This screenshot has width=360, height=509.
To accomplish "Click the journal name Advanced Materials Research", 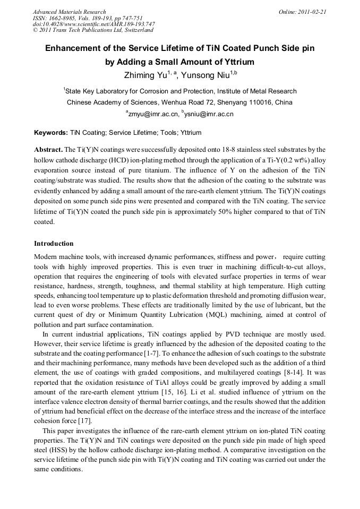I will pyautogui.click(x=69, y=12).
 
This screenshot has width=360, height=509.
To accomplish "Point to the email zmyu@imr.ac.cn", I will pyautogui.click(x=152, y=114).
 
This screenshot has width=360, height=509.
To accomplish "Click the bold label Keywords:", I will pyautogui.click(x=51, y=133).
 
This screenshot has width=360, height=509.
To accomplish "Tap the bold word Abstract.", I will pyautogui.click(x=48, y=150).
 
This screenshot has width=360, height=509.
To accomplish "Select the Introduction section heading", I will pyautogui.click(x=54, y=244).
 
